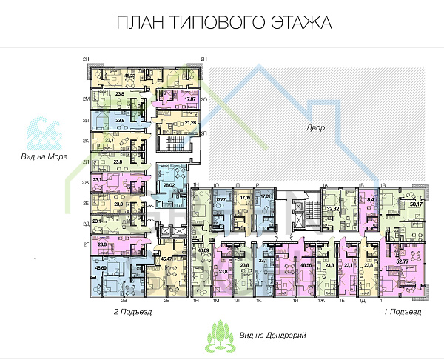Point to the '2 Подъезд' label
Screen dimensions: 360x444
pyautogui.click(x=132, y=313)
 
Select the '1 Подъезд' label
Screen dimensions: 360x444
pyautogui.click(x=403, y=313)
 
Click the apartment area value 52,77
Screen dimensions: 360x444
pyautogui.click(x=403, y=260)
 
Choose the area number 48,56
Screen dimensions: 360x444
pyautogui.click(x=305, y=264)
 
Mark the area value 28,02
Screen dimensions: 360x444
pyautogui.click(x=168, y=187)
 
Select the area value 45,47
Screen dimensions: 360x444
pyautogui.click(x=166, y=259)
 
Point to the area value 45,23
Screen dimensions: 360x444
pyautogui.click(x=130, y=75)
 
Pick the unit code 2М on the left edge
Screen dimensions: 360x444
pyautogui.click(x=86, y=99)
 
